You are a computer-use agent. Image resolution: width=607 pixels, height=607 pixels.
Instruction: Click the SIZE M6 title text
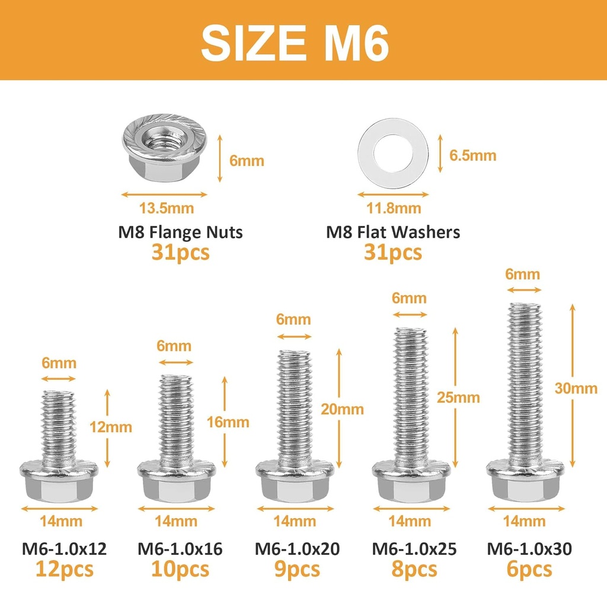(295, 43)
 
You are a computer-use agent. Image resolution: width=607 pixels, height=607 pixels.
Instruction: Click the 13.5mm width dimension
(167, 209)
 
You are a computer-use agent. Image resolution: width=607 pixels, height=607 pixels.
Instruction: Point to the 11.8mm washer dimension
(394, 209)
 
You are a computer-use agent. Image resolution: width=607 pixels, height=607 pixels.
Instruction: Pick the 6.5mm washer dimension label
(472, 156)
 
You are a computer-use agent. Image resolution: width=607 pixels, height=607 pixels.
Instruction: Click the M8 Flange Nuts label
(180, 232)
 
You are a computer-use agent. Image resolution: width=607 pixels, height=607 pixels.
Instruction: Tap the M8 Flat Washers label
(393, 232)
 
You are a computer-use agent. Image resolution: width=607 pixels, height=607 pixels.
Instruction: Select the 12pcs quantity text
(64, 570)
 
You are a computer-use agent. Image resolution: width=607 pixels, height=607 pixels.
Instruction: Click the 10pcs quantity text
(180, 570)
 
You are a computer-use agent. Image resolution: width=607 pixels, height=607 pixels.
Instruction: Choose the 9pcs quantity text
(297, 570)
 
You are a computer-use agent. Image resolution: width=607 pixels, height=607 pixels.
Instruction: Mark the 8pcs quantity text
(414, 570)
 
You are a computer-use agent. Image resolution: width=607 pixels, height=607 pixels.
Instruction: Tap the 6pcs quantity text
(529, 570)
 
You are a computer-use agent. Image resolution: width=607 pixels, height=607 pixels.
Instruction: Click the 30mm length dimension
(576, 388)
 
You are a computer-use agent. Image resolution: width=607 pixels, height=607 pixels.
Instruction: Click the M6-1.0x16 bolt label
(180, 550)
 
